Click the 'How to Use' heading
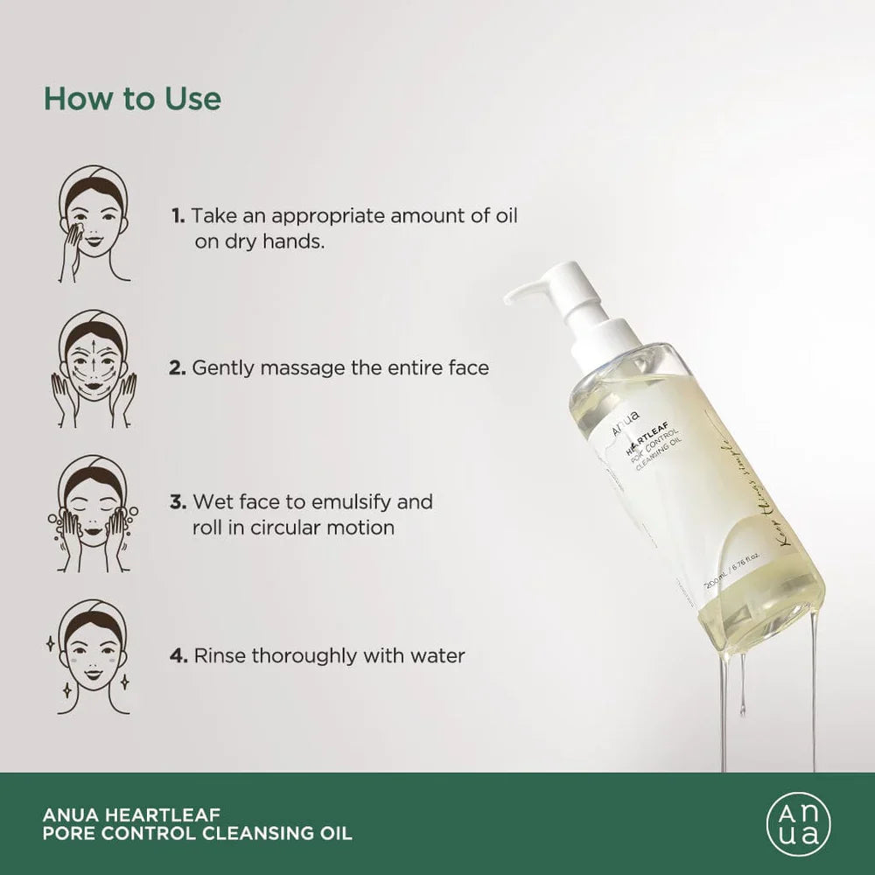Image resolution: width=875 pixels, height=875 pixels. [x=132, y=98]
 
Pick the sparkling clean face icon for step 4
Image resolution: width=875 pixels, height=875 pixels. [x=94, y=656]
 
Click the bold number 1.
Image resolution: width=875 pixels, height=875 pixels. [x=178, y=215]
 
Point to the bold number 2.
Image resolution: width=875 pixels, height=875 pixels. [x=178, y=368]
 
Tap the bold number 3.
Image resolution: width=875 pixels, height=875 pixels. [x=178, y=502]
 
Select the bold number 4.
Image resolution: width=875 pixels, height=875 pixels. [x=178, y=655]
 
